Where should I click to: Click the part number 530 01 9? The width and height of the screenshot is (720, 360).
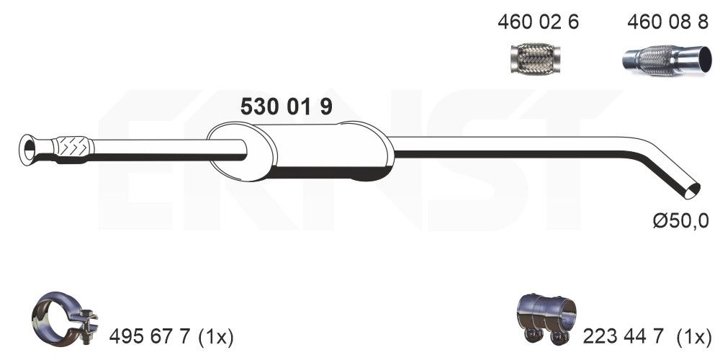click(x=285, y=107)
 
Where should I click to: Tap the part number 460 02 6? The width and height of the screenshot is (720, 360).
click(x=538, y=22)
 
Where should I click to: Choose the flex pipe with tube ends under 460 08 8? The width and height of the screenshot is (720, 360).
click(x=662, y=59)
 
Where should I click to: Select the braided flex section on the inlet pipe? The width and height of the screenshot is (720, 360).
click(x=71, y=147)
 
